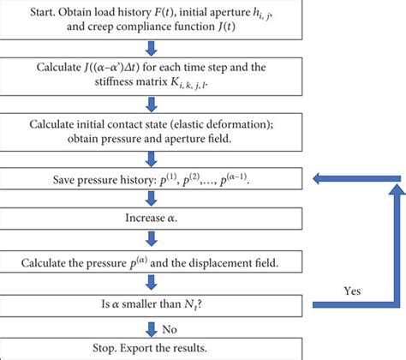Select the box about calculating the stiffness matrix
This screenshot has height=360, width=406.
pos(152,80)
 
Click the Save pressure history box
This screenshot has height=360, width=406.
pos(152,180)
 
